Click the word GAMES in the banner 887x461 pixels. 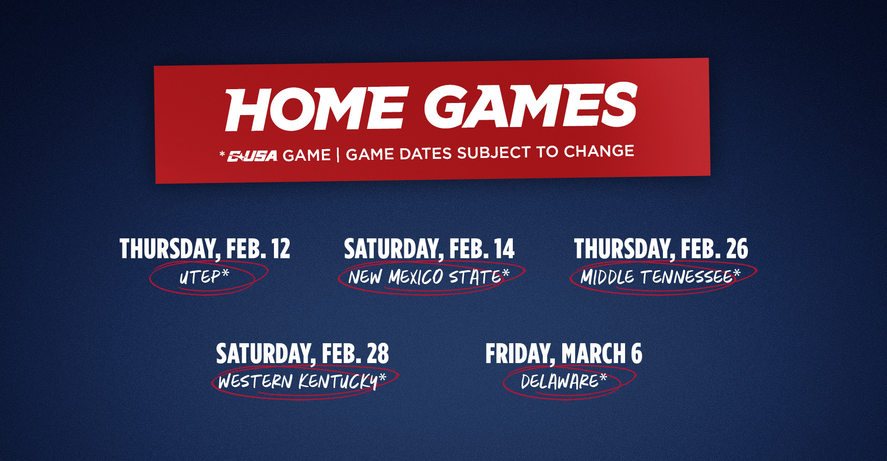coord(530,106)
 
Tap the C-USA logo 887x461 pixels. coord(252,156)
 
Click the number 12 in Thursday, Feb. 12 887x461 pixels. coord(280,249)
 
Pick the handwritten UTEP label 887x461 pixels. coord(200,277)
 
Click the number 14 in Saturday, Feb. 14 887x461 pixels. coord(504,249)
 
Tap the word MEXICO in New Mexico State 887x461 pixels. coord(415,277)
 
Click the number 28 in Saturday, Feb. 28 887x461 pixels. coord(378,354)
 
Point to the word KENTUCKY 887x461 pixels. coord(338,382)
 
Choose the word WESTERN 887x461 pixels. coord(255,382)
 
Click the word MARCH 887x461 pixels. coord(593,354)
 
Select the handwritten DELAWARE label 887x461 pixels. coord(559,382)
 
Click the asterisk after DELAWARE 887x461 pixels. coord(603,379)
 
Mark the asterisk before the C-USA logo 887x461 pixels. coord(222,154)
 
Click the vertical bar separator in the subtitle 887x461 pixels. coord(338,155)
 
